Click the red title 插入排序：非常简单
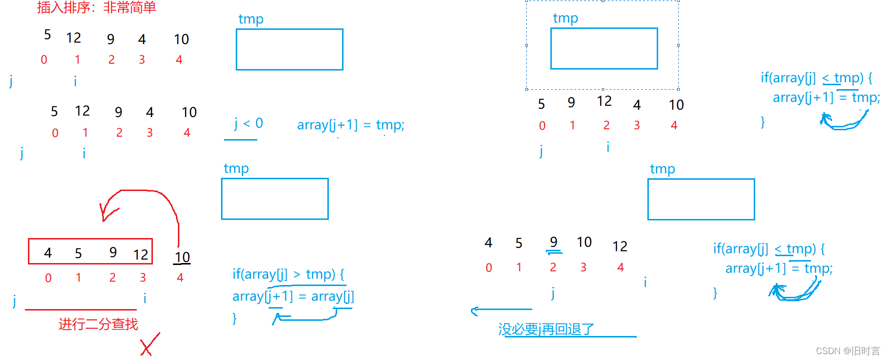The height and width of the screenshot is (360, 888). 97,7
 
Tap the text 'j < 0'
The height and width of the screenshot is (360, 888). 249,123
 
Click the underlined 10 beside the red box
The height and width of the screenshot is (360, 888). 182,258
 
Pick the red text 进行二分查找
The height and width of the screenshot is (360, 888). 99,324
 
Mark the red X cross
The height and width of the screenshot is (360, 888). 149,345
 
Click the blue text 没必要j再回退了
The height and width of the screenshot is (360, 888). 546,329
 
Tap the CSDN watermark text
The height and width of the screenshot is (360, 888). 848,351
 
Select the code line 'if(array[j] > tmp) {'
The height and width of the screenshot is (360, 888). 288,274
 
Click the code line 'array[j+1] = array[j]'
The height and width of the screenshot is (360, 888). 293,296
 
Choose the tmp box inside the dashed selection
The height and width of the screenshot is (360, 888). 604,48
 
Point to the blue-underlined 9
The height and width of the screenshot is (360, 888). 554,242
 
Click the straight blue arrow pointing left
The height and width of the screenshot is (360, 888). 501,310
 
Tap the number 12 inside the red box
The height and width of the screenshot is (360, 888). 141,255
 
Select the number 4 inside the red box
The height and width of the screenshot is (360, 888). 48,253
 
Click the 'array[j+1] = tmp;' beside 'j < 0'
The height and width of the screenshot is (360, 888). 350,125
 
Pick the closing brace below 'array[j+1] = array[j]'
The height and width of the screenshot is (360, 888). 235,318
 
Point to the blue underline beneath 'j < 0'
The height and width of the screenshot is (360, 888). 241,140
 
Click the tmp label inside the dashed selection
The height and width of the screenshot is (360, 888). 566,18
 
